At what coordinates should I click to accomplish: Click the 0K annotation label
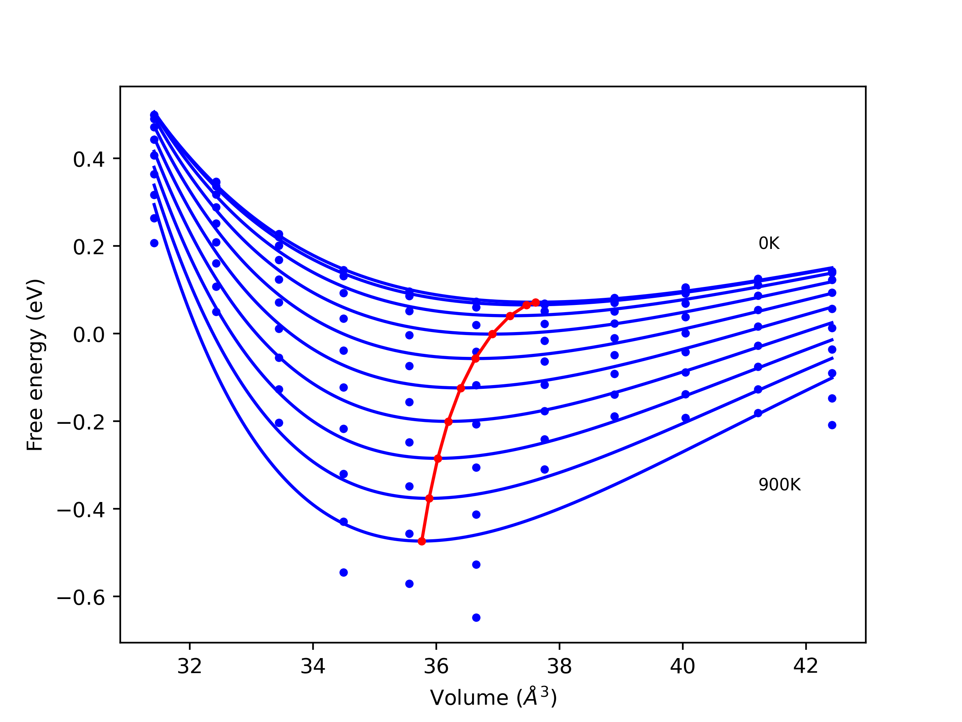769,243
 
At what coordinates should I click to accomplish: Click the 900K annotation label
779,485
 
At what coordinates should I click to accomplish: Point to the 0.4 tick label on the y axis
89,160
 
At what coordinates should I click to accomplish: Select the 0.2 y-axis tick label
89,247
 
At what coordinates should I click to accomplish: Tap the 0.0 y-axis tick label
89,335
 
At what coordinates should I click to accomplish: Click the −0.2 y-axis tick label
81,423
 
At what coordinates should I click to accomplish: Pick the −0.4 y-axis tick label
81,510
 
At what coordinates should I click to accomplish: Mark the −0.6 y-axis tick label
81,598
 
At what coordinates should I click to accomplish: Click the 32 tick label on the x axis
190,666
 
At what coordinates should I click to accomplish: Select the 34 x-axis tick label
313,666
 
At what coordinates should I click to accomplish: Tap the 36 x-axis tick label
436,666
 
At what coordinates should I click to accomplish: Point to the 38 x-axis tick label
559,666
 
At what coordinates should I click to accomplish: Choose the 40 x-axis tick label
682,666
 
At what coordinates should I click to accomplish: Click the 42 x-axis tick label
805,666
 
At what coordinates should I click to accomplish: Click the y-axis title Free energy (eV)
35,365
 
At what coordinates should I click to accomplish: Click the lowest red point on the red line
421,541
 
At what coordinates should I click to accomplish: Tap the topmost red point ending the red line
536,302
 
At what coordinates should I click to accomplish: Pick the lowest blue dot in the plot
476,617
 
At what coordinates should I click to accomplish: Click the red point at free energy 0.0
492,334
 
